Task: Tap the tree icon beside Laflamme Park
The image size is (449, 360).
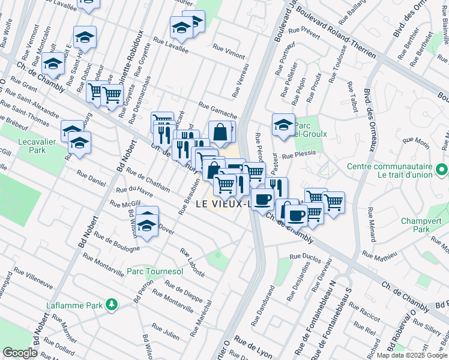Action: click(x=111, y=305)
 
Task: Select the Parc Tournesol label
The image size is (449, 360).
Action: click(x=155, y=272)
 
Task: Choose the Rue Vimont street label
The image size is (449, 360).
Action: click(x=229, y=52)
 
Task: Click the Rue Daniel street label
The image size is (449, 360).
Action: click(x=91, y=177)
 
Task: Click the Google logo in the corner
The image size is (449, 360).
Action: click(x=20, y=353)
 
